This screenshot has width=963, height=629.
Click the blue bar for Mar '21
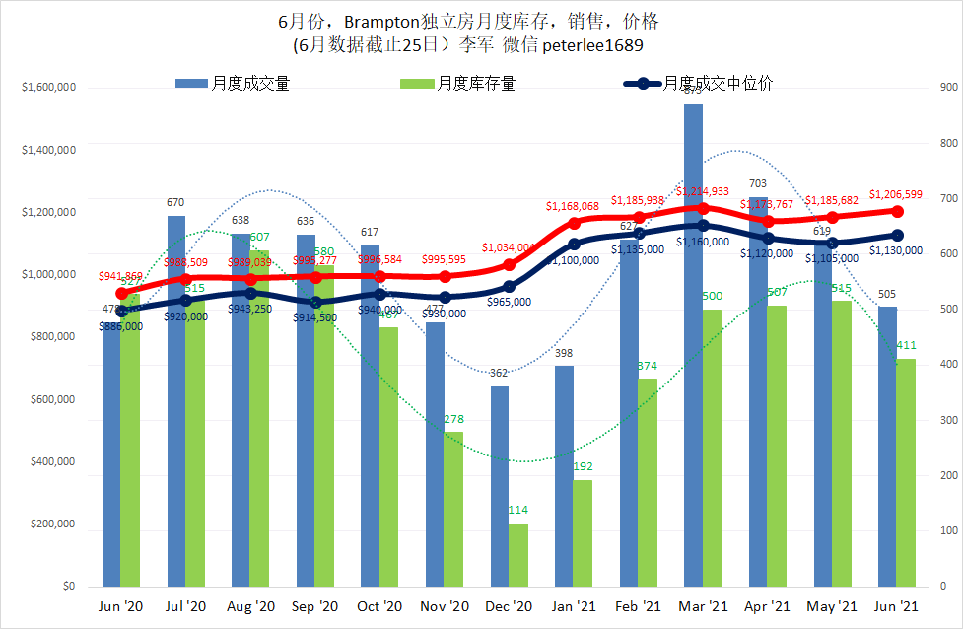click(x=694, y=345)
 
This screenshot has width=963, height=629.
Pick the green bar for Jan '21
click(x=583, y=533)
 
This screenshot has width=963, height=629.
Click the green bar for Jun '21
click(x=906, y=473)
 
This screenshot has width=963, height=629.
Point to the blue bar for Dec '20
click(x=500, y=487)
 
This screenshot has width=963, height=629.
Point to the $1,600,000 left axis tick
click(x=48, y=88)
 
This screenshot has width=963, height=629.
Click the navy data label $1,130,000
click(x=896, y=250)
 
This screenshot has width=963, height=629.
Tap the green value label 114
click(x=517, y=510)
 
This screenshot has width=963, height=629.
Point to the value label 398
click(x=564, y=353)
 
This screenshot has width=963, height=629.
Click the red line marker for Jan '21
click(x=574, y=223)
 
